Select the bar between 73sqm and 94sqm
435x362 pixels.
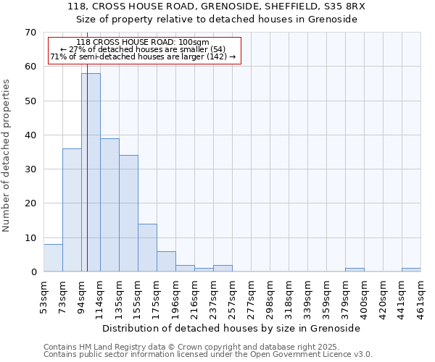click(x=72, y=210)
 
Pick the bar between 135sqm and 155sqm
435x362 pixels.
click(x=128, y=214)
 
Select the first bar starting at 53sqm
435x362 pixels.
click(x=53, y=258)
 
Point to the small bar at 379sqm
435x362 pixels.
click(x=355, y=270)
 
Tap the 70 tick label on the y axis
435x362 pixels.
click(x=30, y=33)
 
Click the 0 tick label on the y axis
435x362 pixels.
click(x=33, y=272)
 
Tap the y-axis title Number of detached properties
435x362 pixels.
click(x=7, y=156)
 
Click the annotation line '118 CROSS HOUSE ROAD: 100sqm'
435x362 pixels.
click(x=142, y=42)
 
